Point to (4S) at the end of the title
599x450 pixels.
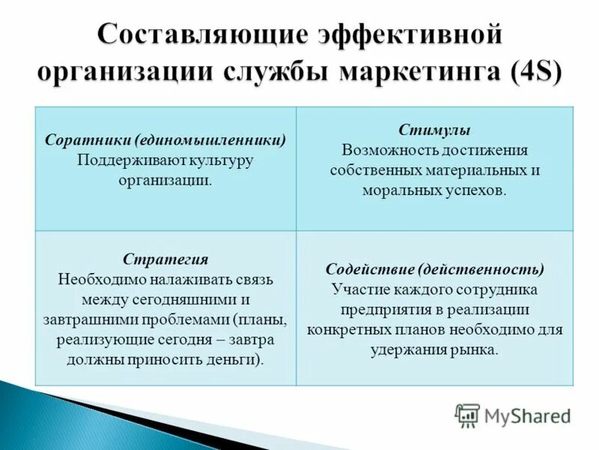533,74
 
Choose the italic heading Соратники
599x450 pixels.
89,140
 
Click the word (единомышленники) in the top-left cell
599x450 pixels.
211,140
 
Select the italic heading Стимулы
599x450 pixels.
435,130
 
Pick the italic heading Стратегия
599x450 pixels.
165,259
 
